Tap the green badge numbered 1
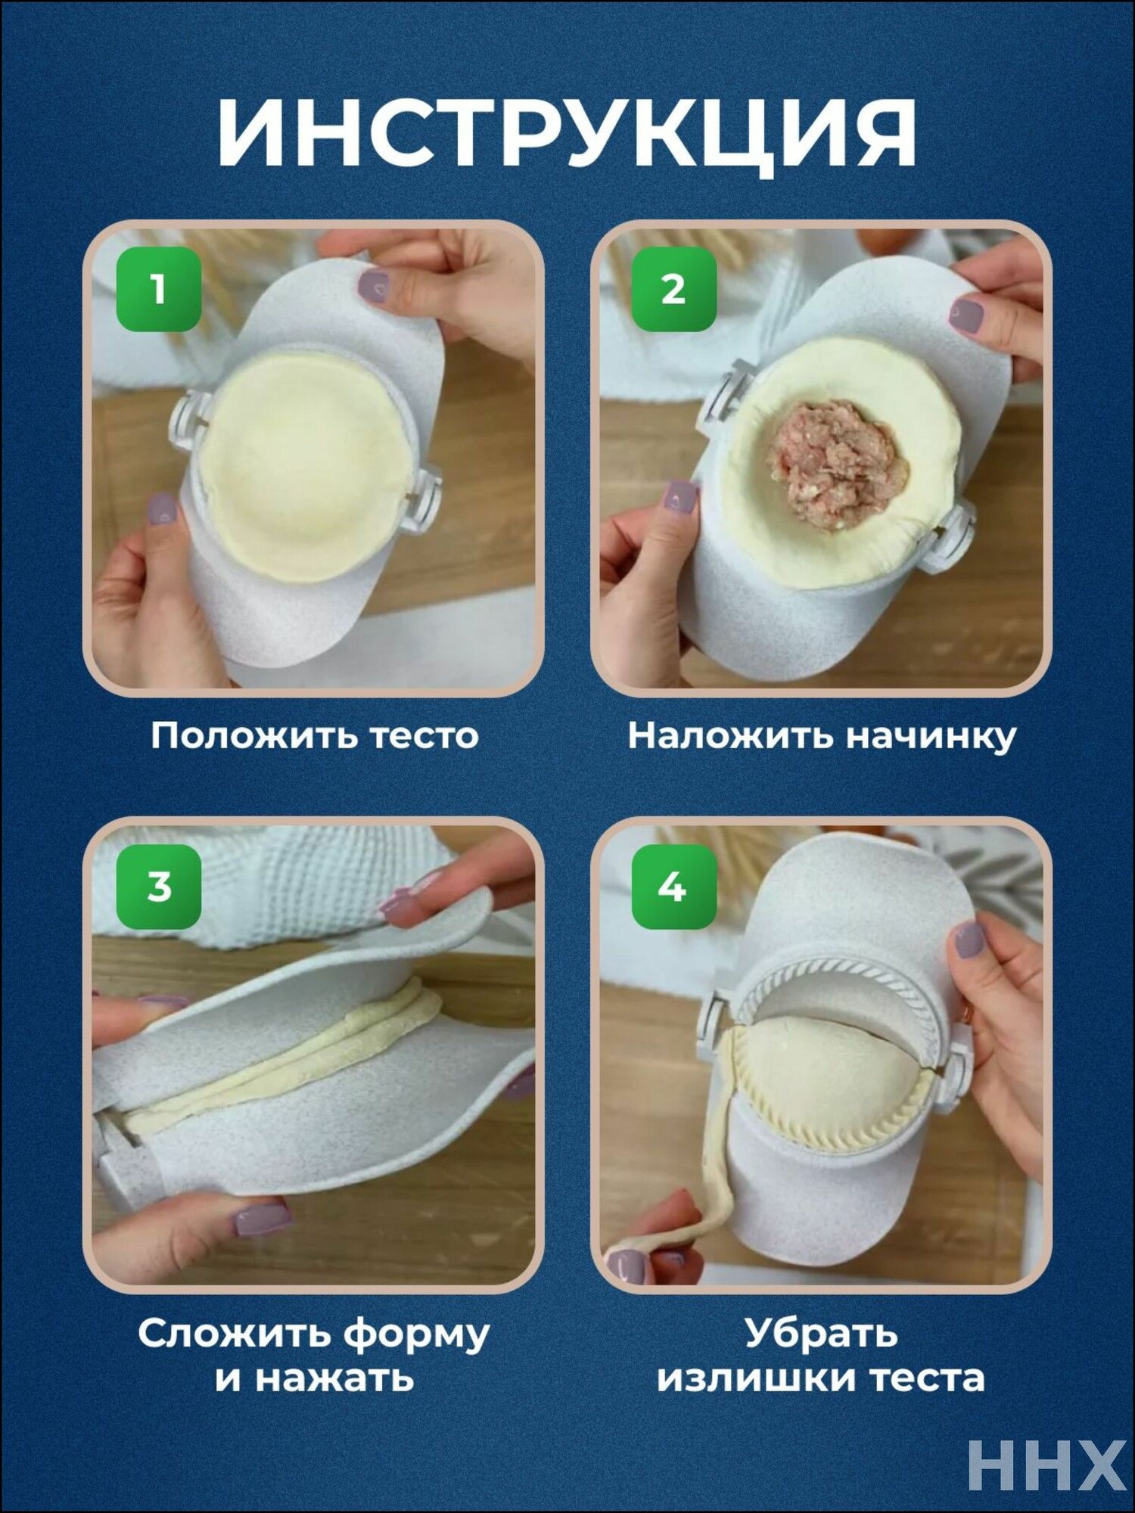158,289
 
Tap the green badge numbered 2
673,289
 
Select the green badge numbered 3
158,887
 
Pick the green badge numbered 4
673,887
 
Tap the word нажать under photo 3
334,1378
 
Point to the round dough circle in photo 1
306,465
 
